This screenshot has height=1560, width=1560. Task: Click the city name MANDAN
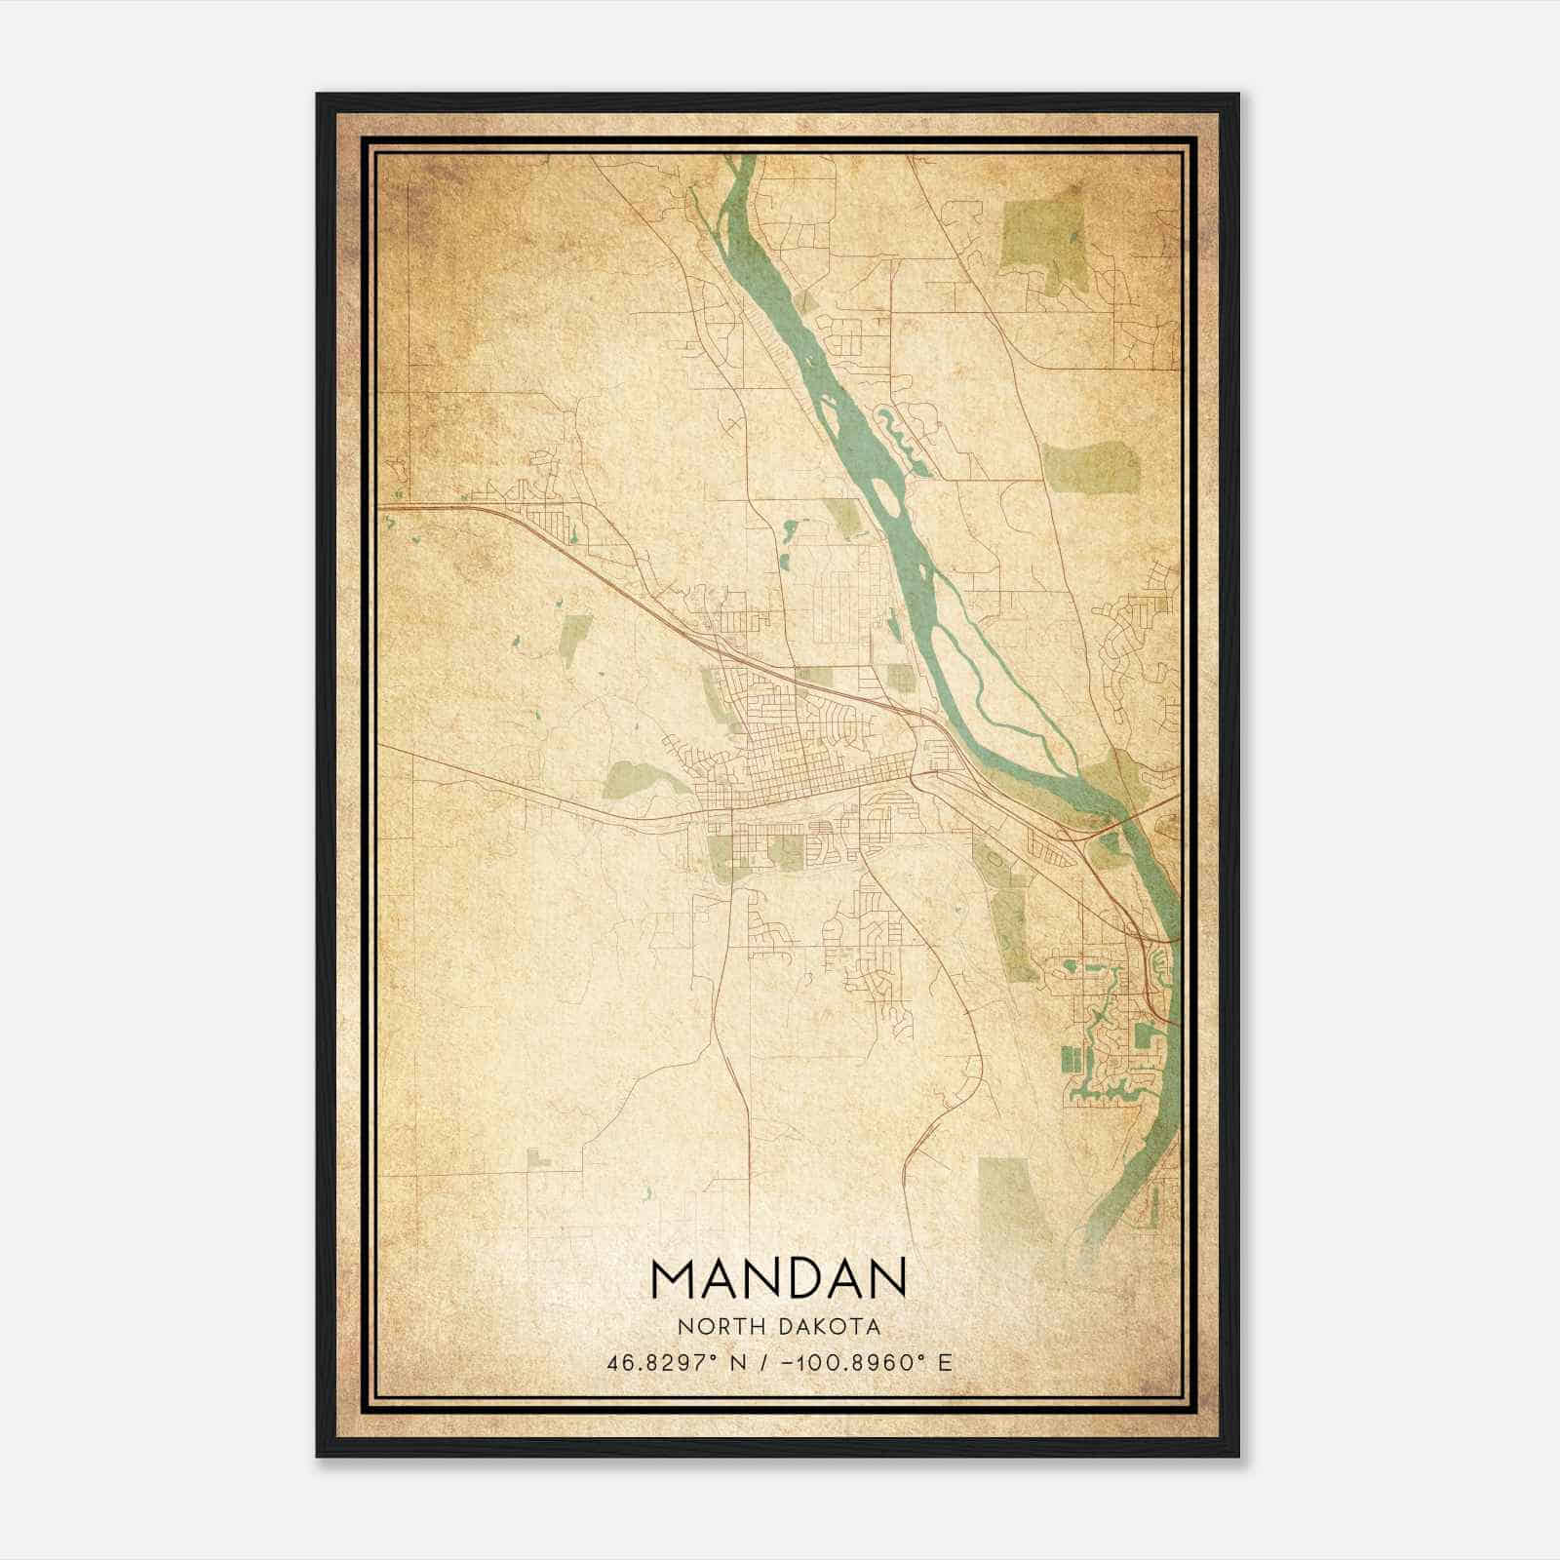pyautogui.click(x=778, y=1278)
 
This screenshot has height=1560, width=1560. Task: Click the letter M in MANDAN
pyautogui.click(x=672, y=1278)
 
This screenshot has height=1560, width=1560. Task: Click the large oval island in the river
pyautogui.click(x=887, y=492)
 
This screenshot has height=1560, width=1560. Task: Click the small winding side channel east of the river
pyautogui.click(x=905, y=438)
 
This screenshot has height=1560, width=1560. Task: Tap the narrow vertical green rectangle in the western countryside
pyautogui.click(x=575, y=640)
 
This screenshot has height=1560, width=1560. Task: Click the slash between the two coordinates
pyautogui.click(x=767, y=1362)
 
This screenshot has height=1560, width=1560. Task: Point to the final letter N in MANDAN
pyautogui.click(x=886, y=1278)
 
